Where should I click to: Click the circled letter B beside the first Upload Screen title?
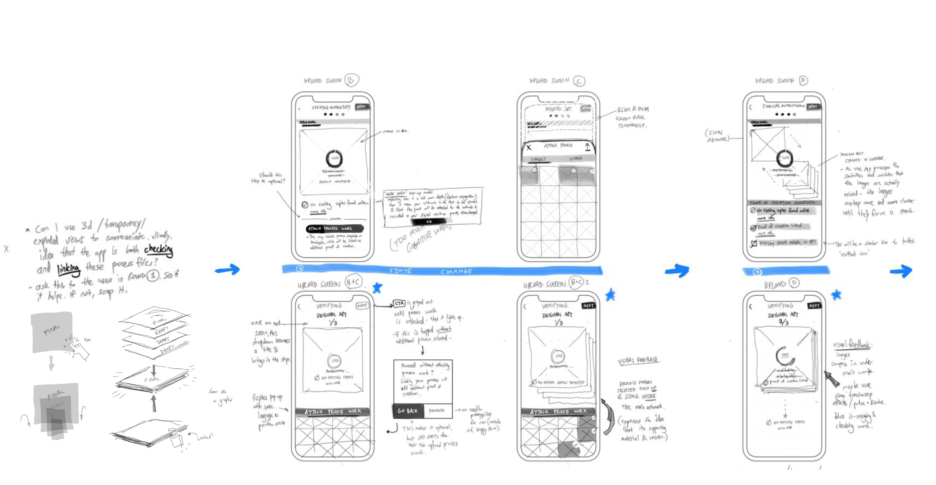tap(351, 80)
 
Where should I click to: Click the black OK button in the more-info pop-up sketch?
tap(429, 222)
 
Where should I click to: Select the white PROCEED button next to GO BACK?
tap(437, 411)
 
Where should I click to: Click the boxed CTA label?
tap(399, 303)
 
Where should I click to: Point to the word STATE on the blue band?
tap(401, 271)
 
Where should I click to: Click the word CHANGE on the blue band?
tap(456, 271)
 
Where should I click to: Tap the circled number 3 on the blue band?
tap(300, 269)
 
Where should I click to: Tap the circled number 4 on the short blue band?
tap(757, 272)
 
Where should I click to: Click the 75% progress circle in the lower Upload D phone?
tap(785, 356)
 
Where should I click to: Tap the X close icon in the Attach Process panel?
tap(529, 147)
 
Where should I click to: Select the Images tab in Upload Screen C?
tap(538, 159)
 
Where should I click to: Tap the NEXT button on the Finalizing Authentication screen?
tap(813, 106)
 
